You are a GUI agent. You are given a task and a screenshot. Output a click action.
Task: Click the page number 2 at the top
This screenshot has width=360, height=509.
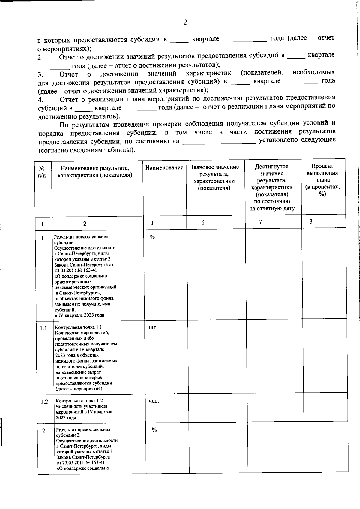[185, 22]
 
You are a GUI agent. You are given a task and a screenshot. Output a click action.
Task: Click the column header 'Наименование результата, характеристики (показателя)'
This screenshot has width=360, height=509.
[95, 171]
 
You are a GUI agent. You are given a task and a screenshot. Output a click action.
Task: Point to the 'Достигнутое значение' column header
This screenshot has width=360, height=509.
[272, 187]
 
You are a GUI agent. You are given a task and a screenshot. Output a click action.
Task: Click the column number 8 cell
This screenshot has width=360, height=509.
[311, 222]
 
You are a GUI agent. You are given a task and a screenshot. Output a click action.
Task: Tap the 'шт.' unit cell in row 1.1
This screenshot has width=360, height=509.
[153, 327]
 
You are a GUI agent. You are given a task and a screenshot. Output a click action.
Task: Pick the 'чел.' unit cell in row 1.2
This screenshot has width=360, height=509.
[154, 401]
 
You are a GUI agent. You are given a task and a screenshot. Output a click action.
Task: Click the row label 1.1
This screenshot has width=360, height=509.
[43, 328]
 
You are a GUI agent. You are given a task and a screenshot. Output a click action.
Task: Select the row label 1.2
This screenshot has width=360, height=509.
[44, 402]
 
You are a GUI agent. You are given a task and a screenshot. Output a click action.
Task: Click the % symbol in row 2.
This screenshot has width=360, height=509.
[154, 430]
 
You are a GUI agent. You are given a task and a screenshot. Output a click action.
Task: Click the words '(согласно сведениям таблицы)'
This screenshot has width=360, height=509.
[86, 150]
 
